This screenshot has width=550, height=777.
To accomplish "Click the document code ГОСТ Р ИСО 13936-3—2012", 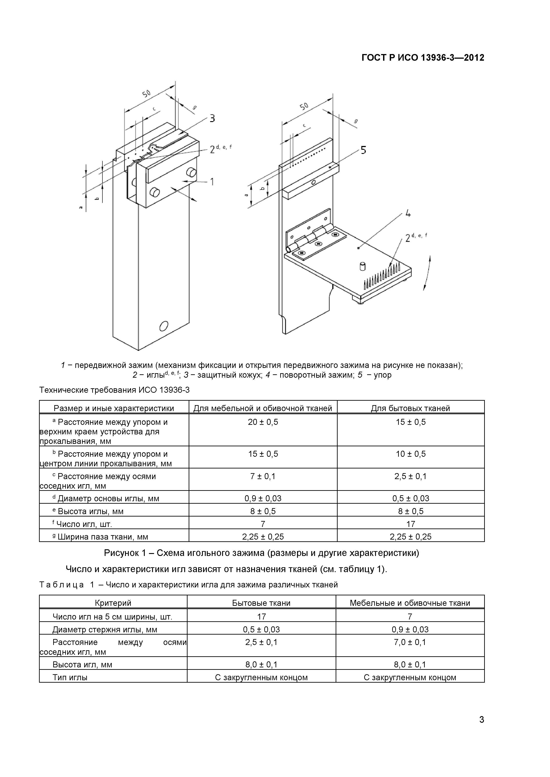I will point(423,58).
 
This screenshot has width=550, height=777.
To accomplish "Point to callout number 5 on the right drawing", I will point(363,150).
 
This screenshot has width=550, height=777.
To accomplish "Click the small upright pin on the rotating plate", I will point(363,266).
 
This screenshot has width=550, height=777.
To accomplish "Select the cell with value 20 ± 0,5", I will point(263,422).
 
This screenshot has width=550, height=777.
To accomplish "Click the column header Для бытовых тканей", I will point(411,408).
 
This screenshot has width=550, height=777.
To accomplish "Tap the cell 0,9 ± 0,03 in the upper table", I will point(263,499).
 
